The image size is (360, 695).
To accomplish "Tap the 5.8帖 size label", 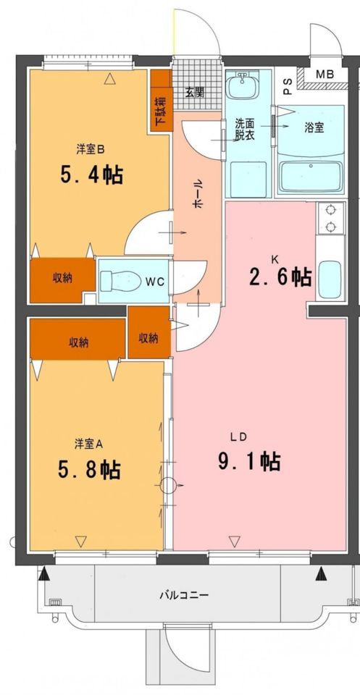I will tap(89, 470).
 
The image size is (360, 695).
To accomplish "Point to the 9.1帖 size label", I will tap(249, 460).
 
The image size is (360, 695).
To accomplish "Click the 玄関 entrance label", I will tap(193, 92).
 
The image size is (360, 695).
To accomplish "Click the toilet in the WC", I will tap(116, 279).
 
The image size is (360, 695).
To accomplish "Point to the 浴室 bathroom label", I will tap(314, 127).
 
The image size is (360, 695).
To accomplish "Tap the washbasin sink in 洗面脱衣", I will tap(241, 89).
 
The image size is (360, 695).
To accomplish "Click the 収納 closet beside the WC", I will tap(62, 279).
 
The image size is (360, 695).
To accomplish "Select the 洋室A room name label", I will tap(88, 443).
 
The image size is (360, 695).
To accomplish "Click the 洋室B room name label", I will tap(91, 150).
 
